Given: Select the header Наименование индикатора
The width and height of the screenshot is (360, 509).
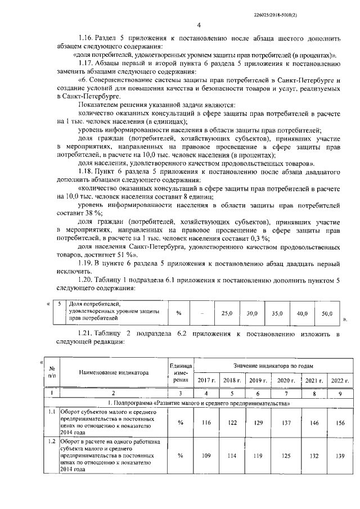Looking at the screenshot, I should pyautogui.click(x=114, y=372).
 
